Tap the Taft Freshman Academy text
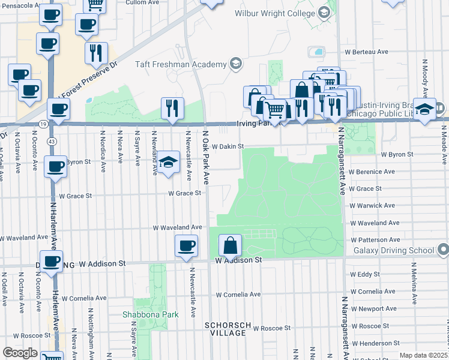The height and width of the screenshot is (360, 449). tap(182, 64)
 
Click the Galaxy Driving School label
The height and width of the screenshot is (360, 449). tap(393, 250)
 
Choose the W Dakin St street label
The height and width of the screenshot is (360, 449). tap(228, 146)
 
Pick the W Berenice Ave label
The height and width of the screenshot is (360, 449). tap(371, 172)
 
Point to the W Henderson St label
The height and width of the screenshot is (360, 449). tap(375, 343)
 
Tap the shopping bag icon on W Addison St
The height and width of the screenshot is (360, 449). tap(230, 245)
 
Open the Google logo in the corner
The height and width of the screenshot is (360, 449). tap(19, 353)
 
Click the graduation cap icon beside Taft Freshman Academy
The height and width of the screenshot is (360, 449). tap(236, 64)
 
